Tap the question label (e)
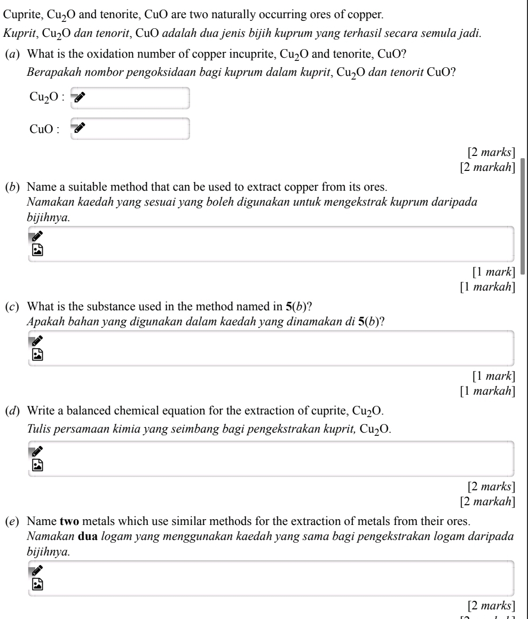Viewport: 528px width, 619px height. [11, 516]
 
